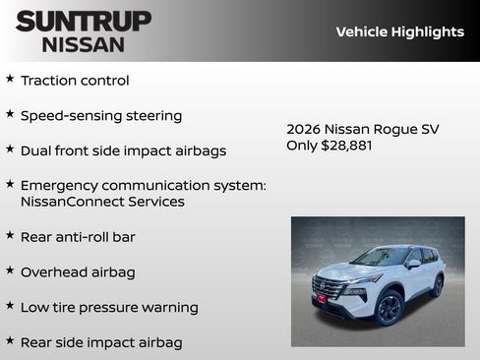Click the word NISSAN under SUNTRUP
(83, 43)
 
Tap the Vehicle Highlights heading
(399, 31)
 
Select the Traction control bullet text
(75, 81)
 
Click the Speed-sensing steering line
(101, 116)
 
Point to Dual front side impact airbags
(123, 151)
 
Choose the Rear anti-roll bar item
(78, 237)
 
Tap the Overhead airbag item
(78, 272)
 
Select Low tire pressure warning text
(109, 308)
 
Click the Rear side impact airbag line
(101, 343)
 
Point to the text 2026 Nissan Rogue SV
(362, 129)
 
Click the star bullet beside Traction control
(10, 79)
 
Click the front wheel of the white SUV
(389, 308)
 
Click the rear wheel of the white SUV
(436, 286)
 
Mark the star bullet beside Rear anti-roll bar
(10, 235)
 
